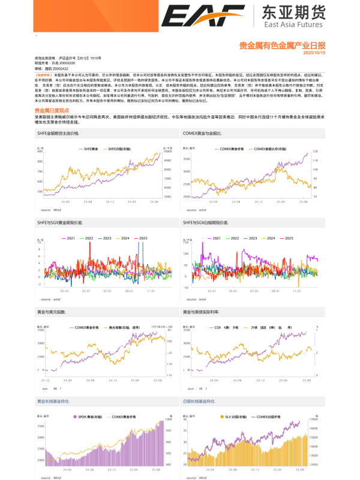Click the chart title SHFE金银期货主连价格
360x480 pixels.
[x=58, y=133]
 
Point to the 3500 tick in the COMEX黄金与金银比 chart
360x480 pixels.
[x=186, y=159]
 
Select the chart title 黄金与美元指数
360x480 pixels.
[x=51, y=313]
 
